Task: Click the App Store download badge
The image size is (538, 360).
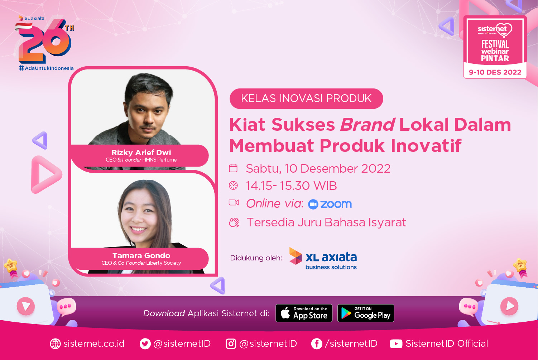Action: coord(304,313)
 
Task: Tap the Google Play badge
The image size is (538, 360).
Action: coord(366,313)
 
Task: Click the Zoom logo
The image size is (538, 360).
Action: coord(330,204)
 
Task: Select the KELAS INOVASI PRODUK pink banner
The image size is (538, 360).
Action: coord(306,99)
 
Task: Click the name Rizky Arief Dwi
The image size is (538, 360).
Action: coord(141,153)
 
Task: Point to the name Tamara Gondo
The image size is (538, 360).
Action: coord(141,255)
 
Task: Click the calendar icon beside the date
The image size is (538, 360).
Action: coord(233,168)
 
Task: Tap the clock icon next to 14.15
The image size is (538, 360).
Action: coord(233,186)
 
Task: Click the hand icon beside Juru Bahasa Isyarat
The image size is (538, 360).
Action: coord(234,222)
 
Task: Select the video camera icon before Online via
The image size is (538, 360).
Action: coord(234,203)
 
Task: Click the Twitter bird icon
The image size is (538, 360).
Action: coord(145,344)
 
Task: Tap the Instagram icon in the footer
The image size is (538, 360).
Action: coord(231,344)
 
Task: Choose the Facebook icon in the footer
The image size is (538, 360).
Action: coord(317,344)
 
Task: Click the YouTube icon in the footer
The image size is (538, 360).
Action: coord(396,344)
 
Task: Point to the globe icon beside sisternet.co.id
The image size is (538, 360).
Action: coord(55,344)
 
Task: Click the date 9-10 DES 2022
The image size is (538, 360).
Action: coord(495,72)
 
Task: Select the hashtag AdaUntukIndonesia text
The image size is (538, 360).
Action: coord(46,68)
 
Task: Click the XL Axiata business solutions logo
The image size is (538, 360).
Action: coord(323,259)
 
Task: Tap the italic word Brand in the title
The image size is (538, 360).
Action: coord(368,125)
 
